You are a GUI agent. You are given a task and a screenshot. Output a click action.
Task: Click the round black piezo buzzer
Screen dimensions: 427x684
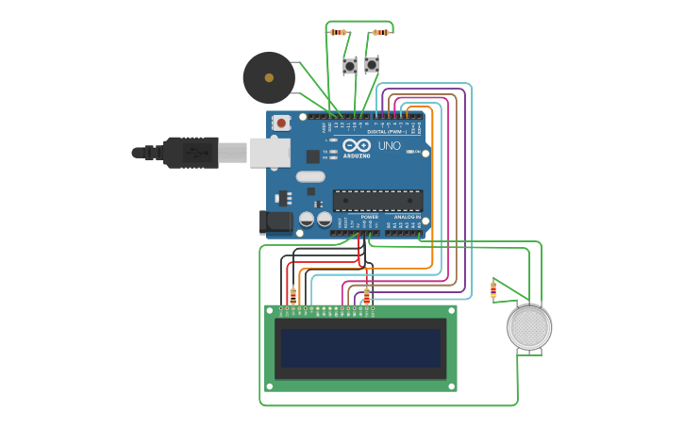pyautogui.click(x=269, y=77)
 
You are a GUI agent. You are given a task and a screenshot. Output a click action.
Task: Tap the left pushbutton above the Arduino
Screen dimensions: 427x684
pyautogui.click(x=350, y=65)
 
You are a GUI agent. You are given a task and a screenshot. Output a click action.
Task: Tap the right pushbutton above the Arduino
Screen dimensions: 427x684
pyautogui.click(x=372, y=64)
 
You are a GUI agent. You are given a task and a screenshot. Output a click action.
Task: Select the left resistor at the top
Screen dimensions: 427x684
pyautogui.click(x=339, y=32)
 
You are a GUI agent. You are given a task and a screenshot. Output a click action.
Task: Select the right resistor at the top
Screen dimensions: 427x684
pyautogui.click(x=380, y=32)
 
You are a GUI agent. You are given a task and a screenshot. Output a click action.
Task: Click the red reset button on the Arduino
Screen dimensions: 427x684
pyautogui.click(x=281, y=123)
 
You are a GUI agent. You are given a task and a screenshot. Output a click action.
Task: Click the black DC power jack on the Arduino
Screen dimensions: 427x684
pyautogui.click(x=275, y=222)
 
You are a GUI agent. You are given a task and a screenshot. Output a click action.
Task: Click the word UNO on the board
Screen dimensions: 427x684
pyautogui.click(x=389, y=146)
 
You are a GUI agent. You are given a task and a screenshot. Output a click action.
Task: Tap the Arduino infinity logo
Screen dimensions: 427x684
pyautogui.click(x=357, y=146)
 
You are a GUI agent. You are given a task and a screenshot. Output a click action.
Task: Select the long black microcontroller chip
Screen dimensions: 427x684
pyautogui.click(x=377, y=200)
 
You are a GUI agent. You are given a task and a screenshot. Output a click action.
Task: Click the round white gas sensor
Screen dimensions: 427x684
pyautogui.click(x=528, y=328)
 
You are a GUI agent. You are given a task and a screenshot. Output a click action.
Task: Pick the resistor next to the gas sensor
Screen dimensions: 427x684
pyautogui.click(x=493, y=290)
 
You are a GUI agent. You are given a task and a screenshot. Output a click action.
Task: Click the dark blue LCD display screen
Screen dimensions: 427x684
pyautogui.click(x=360, y=348)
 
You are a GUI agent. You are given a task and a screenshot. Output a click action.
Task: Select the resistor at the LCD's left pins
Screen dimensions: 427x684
pyautogui.click(x=293, y=295)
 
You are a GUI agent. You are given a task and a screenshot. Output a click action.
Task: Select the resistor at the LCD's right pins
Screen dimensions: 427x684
pyautogui.click(x=367, y=296)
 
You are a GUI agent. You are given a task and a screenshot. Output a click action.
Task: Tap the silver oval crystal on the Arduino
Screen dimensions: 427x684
pyautogui.click(x=309, y=176)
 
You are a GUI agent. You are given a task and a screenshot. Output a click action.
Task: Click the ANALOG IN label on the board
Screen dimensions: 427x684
pyautogui.click(x=407, y=217)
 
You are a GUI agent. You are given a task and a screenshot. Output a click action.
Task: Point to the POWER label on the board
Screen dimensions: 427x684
pyautogui.click(x=369, y=217)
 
